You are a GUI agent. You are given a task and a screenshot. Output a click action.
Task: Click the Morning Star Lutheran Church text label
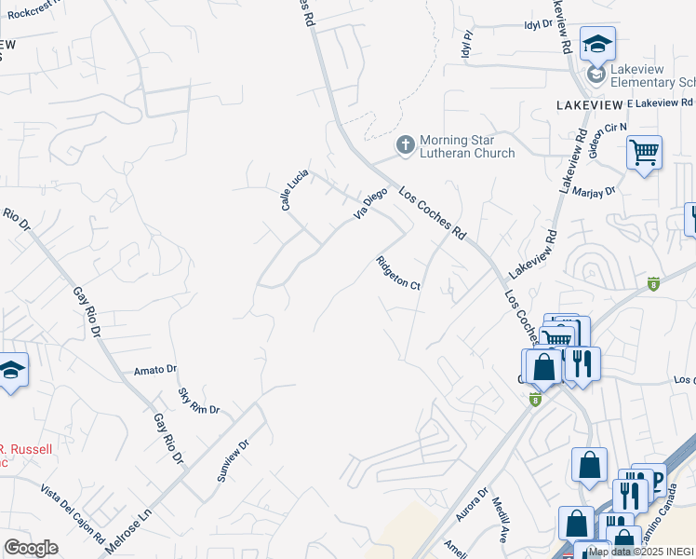[x=466, y=146]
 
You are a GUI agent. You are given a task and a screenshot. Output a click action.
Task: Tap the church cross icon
[x=405, y=145]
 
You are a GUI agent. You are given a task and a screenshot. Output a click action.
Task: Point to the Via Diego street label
[x=369, y=204]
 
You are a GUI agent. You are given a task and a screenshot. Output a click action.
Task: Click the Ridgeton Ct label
[x=398, y=273]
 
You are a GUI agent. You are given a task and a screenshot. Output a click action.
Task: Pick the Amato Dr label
[x=154, y=370]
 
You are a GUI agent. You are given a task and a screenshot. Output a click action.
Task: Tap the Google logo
[x=31, y=548]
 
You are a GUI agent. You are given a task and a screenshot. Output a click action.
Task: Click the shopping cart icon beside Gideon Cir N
[x=644, y=152]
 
